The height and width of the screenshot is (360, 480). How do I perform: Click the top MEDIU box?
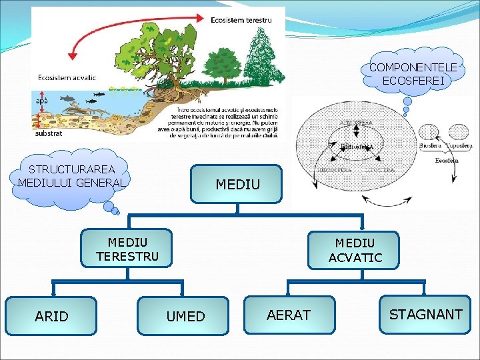coord(237,184)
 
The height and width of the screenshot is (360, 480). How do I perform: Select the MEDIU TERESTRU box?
coord(127,248)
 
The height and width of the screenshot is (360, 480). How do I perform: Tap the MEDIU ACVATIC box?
coord(354,250)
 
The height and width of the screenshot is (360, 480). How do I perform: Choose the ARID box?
coord(51,315)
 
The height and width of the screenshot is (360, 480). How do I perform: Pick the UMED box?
coord(185,316)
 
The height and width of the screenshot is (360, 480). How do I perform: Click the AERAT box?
coord(289,315)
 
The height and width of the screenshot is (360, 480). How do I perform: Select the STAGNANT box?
coord(425,314)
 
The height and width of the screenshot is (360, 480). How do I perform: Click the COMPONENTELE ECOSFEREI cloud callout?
coord(413,74)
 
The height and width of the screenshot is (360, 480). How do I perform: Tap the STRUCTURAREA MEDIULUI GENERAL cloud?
coord(71,176)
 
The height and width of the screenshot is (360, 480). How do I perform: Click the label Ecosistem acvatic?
coord(65,77)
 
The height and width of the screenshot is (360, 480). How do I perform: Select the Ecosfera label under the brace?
coord(446,160)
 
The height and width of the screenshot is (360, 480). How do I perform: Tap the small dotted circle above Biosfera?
coord(427,131)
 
